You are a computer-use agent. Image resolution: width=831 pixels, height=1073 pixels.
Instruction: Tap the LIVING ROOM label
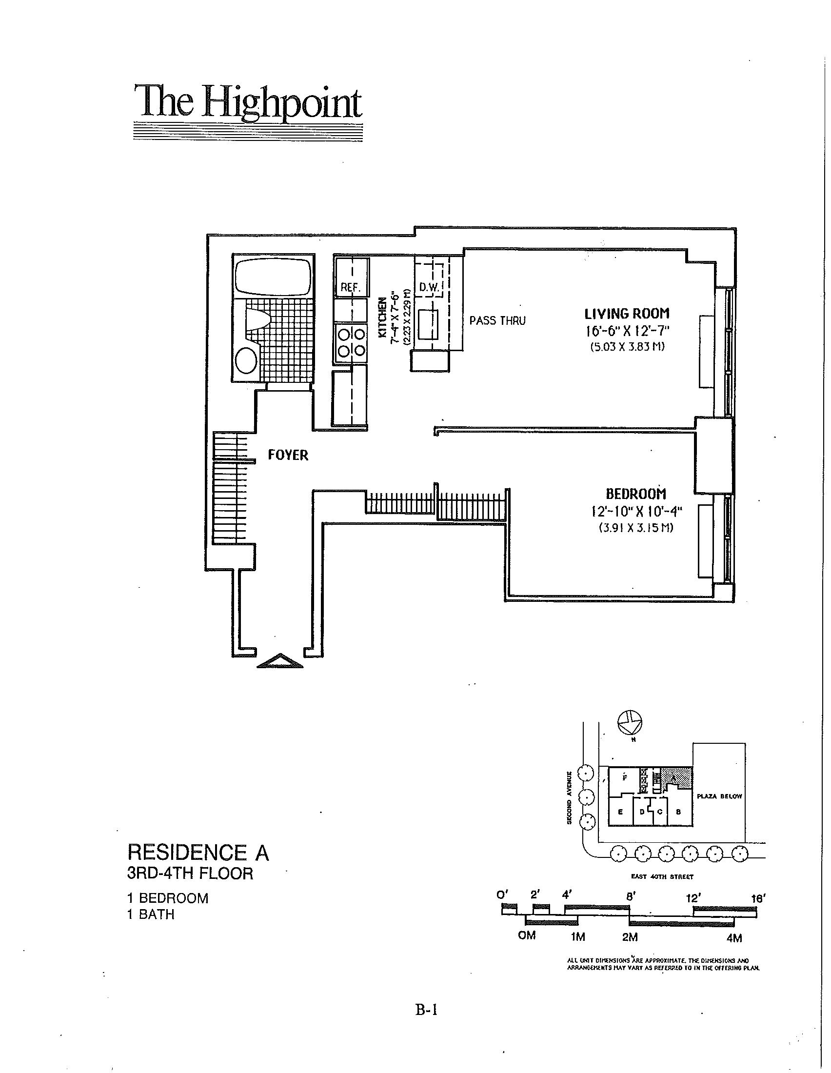(627, 314)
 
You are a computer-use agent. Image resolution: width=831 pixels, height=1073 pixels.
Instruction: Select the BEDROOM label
(635, 493)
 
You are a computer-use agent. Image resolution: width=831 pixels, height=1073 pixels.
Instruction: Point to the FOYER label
(288, 455)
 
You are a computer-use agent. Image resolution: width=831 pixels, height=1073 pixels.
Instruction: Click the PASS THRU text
(497, 321)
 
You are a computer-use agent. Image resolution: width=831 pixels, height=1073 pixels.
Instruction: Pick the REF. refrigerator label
(351, 287)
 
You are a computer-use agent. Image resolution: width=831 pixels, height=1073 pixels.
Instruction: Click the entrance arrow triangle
(280, 661)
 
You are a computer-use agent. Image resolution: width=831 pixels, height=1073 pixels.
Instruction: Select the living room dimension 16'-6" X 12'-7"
(627, 331)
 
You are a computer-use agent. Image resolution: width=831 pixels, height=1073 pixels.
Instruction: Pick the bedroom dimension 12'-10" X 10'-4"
(636, 512)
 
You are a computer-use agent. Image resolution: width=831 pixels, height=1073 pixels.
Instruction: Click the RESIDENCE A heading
(198, 852)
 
